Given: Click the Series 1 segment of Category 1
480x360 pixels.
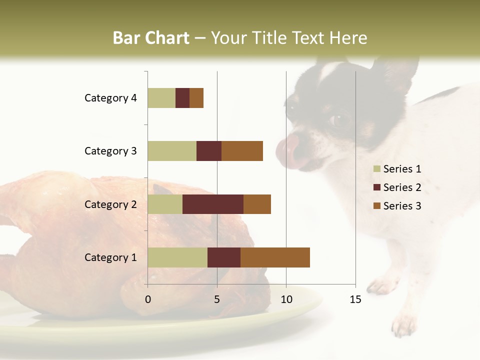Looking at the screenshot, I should point(177,257).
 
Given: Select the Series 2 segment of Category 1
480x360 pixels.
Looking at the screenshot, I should point(224,257).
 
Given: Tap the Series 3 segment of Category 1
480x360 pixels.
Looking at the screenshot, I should point(275,257).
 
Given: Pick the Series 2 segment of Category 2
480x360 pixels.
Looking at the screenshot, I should point(213,204).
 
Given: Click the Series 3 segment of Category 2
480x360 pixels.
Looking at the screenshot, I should point(257,204).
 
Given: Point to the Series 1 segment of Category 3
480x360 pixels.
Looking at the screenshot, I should point(172,151).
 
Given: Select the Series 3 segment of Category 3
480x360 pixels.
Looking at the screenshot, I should point(242,151).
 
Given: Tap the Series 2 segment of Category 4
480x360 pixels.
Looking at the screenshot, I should point(182,98).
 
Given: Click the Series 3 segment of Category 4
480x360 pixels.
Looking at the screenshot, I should point(196,98).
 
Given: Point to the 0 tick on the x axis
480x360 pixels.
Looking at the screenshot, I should point(148,300).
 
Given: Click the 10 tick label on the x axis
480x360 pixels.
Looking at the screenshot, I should point(286,300).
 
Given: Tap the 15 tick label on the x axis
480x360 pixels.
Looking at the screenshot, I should point(355,300).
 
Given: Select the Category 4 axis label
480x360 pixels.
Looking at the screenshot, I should point(110,98).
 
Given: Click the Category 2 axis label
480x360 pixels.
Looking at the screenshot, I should point(110,204).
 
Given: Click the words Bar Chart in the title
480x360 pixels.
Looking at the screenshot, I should point(151,38).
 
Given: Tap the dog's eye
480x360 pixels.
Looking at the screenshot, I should point(341,119).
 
